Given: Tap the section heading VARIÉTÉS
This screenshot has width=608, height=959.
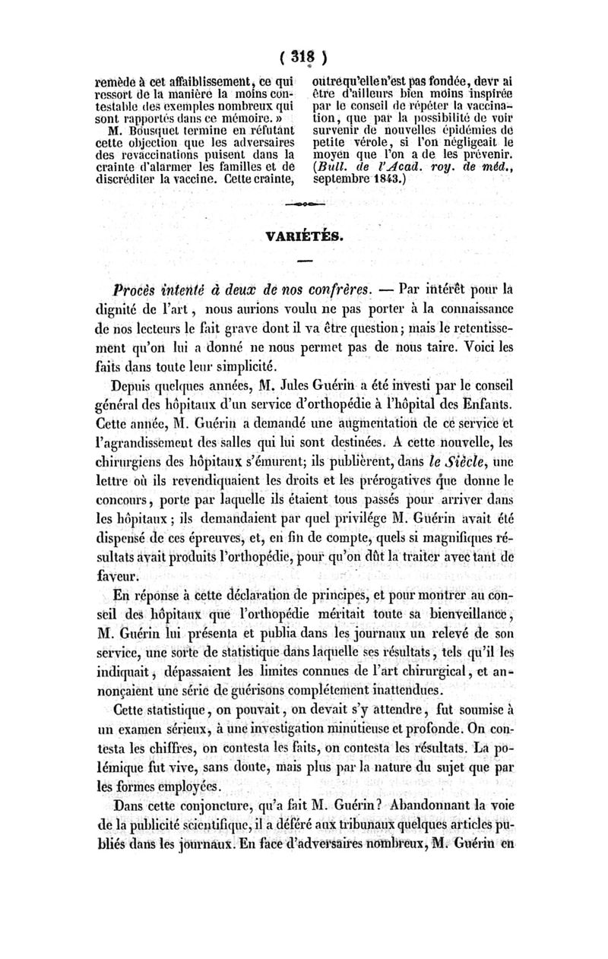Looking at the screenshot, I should point(308,236).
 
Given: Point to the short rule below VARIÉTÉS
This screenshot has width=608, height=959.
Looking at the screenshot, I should point(308,263).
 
